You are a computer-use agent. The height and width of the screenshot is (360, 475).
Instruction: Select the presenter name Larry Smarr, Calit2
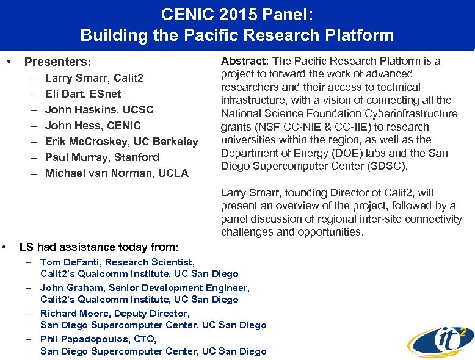(94, 78)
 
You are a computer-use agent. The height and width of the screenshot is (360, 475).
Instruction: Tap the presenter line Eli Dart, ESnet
(83, 94)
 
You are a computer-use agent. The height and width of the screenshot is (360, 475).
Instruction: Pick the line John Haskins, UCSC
(99, 110)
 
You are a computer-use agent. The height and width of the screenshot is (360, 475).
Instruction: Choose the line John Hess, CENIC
(93, 126)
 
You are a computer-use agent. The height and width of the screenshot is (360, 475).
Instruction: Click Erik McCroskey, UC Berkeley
(121, 142)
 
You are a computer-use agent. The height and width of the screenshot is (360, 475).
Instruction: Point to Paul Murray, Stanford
(102, 157)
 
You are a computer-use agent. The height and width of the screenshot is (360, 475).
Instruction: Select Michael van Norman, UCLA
(117, 173)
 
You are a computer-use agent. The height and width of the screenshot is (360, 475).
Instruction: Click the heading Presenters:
(57, 62)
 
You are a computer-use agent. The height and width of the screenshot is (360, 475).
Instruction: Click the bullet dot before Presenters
(9, 62)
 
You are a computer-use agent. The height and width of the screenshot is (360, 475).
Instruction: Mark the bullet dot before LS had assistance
(5, 247)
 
